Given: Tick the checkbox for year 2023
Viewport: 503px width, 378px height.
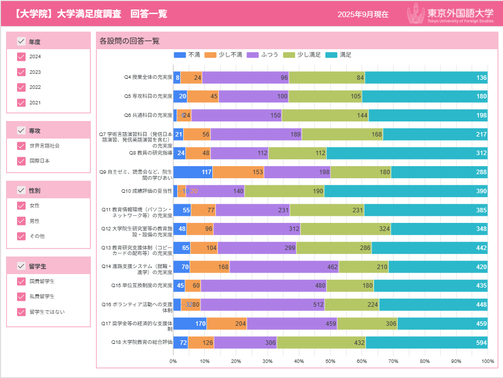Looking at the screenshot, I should click(x=21, y=72).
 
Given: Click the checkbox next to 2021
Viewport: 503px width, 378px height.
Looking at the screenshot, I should click(x=21, y=102).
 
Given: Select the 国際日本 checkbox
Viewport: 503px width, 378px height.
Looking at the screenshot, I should click(x=21, y=161).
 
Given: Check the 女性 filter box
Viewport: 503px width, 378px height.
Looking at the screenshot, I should click(x=21, y=205).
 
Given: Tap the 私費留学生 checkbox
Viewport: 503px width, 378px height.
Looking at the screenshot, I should click(x=21, y=296).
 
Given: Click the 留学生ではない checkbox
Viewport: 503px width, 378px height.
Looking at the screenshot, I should click(x=21, y=312).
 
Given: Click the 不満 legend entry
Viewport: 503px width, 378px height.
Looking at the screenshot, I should click(x=187, y=55).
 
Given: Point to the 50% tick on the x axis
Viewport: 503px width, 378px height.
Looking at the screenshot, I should click(x=330, y=361).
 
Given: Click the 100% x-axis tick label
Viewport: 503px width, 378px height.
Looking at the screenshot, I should click(x=487, y=361).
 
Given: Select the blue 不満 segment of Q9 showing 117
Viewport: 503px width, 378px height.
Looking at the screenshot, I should click(x=193, y=172).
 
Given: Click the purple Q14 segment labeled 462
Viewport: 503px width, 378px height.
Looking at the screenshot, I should click(x=284, y=267).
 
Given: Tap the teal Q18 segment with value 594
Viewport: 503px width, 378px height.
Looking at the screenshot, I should click(x=427, y=343).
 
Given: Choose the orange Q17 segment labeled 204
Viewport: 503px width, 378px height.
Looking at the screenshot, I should click(x=226, y=324).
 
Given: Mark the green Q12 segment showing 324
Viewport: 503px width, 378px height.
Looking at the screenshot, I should click(x=345, y=229).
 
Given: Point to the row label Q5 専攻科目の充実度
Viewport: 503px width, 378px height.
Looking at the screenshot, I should click(x=148, y=96).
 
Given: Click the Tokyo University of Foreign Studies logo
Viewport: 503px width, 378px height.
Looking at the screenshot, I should click(x=450, y=14).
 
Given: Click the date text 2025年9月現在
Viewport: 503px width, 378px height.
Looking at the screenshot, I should click(x=363, y=15).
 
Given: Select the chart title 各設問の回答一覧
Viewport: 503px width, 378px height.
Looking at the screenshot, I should click(x=129, y=41).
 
